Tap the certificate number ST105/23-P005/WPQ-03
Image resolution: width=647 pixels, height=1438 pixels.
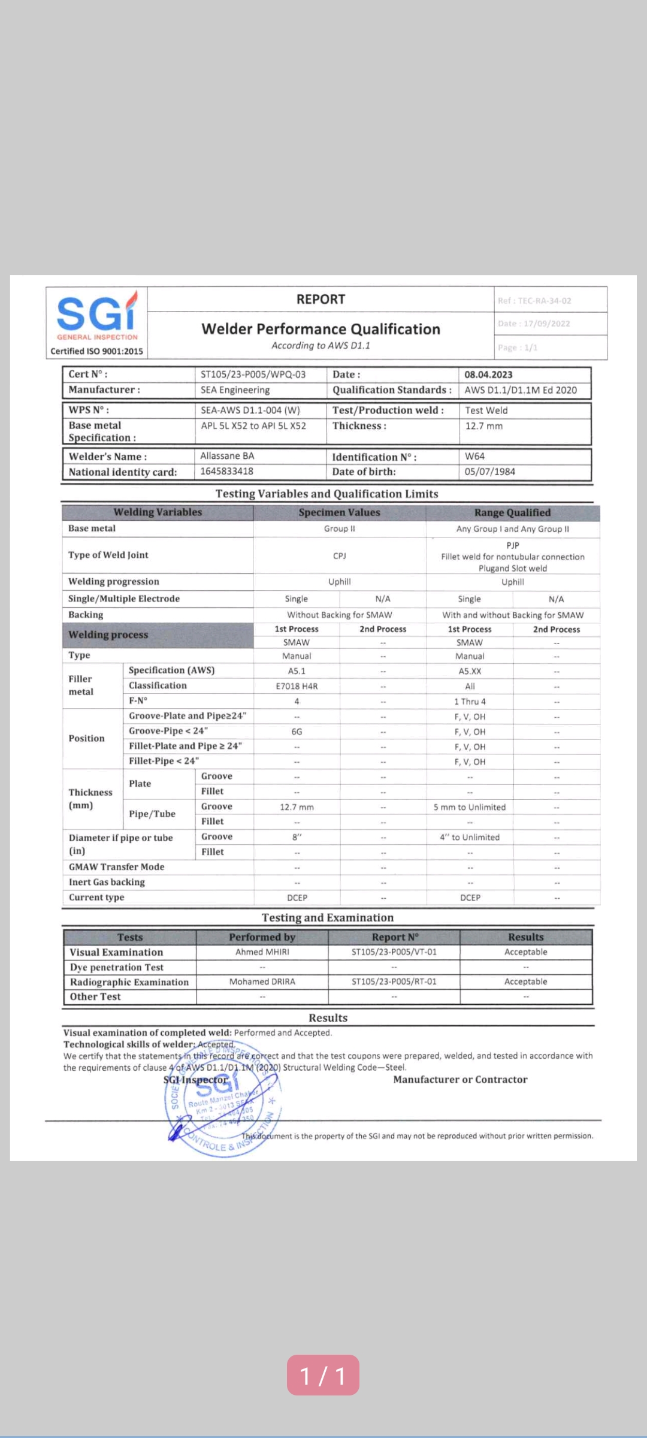point(253,374)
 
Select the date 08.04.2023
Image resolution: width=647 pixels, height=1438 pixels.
point(488,374)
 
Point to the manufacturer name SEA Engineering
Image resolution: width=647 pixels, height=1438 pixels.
point(235,390)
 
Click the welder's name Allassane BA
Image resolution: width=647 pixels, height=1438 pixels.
point(227,456)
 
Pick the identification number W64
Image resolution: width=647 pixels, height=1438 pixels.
point(474,456)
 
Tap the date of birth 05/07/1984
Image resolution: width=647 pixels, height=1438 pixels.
point(489,472)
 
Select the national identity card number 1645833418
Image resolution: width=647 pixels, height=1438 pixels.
point(226,472)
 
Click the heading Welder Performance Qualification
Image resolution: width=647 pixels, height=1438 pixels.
point(321,329)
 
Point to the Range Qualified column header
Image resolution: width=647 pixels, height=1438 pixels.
point(512,513)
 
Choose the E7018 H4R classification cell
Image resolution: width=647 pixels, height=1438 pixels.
point(297,686)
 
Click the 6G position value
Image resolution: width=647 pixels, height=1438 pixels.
point(297,732)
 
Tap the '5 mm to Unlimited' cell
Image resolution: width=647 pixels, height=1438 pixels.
point(470,807)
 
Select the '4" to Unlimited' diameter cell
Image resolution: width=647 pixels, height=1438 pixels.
point(470,837)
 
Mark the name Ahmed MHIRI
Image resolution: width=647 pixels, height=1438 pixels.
point(262,952)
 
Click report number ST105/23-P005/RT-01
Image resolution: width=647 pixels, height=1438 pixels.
point(394,981)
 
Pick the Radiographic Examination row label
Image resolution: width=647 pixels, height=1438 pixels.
point(129,982)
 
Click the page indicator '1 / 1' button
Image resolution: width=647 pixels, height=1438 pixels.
point(323,1376)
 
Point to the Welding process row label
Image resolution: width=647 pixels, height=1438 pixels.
point(108,635)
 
